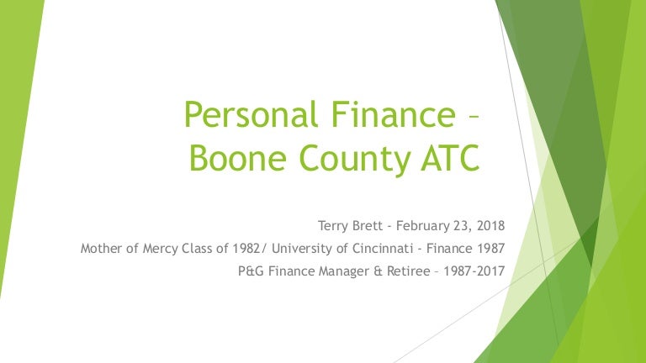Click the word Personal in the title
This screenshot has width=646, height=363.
[x=252, y=115]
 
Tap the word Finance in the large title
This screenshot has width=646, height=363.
[x=394, y=113]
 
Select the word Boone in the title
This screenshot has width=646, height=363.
[x=238, y=158]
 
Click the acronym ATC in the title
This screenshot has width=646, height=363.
[x=450, y=158]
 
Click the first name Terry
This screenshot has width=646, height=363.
[x=333, y=226]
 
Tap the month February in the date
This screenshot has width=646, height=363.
[x=422, y=226]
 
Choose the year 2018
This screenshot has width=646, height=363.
[x=490, y=225]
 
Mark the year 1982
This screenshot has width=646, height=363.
[x=246, y=248]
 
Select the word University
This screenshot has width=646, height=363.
[x=302, y=249]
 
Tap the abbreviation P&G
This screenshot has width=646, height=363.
[x=252, y=271]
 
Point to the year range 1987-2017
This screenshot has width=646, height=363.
[x=474, y=271]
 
